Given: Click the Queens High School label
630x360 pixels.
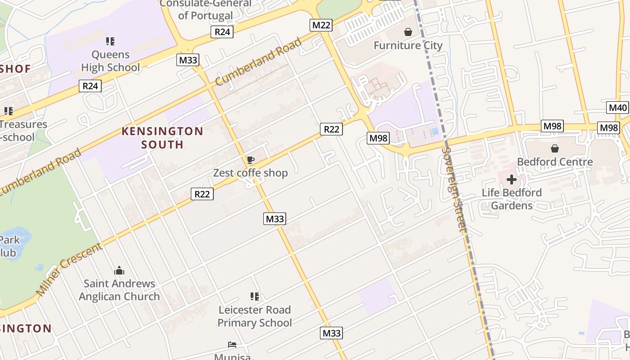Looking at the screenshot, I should click(x=110, y=61).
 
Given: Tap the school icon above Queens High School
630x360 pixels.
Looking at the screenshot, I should click(x=110, y=41).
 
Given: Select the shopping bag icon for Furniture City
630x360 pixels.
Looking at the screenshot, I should click(x=408, y=32).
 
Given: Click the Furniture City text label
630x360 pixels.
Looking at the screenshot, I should click(x=408, y=45).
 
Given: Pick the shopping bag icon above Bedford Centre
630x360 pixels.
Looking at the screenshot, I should click(x=555, y=148).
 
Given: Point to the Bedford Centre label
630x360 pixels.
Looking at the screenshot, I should click(x=555, y=162).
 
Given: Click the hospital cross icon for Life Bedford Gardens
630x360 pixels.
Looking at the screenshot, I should click(x=512, y=180).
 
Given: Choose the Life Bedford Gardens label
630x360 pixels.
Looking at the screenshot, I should click(x=512, y=199).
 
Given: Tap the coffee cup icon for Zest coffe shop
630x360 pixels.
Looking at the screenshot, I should click(x=251, y=160).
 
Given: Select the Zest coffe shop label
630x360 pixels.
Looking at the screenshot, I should click(x=250, y=173).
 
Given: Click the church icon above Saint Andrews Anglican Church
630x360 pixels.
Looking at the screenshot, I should click(x=119, y=270).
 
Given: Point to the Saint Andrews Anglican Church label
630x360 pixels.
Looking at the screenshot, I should click(x=119, y=290).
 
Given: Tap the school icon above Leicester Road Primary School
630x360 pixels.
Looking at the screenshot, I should click(x=255, y=297).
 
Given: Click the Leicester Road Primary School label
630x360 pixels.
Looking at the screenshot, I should click(x=255, y=316).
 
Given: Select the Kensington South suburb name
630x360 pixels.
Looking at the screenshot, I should click(x=162, y=138).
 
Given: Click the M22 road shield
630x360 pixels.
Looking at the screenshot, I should click(x=321, y=25).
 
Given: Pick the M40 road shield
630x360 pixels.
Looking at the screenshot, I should click(x=618, y=108).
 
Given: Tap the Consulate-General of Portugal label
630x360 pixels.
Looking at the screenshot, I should click(x=206, y=9).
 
